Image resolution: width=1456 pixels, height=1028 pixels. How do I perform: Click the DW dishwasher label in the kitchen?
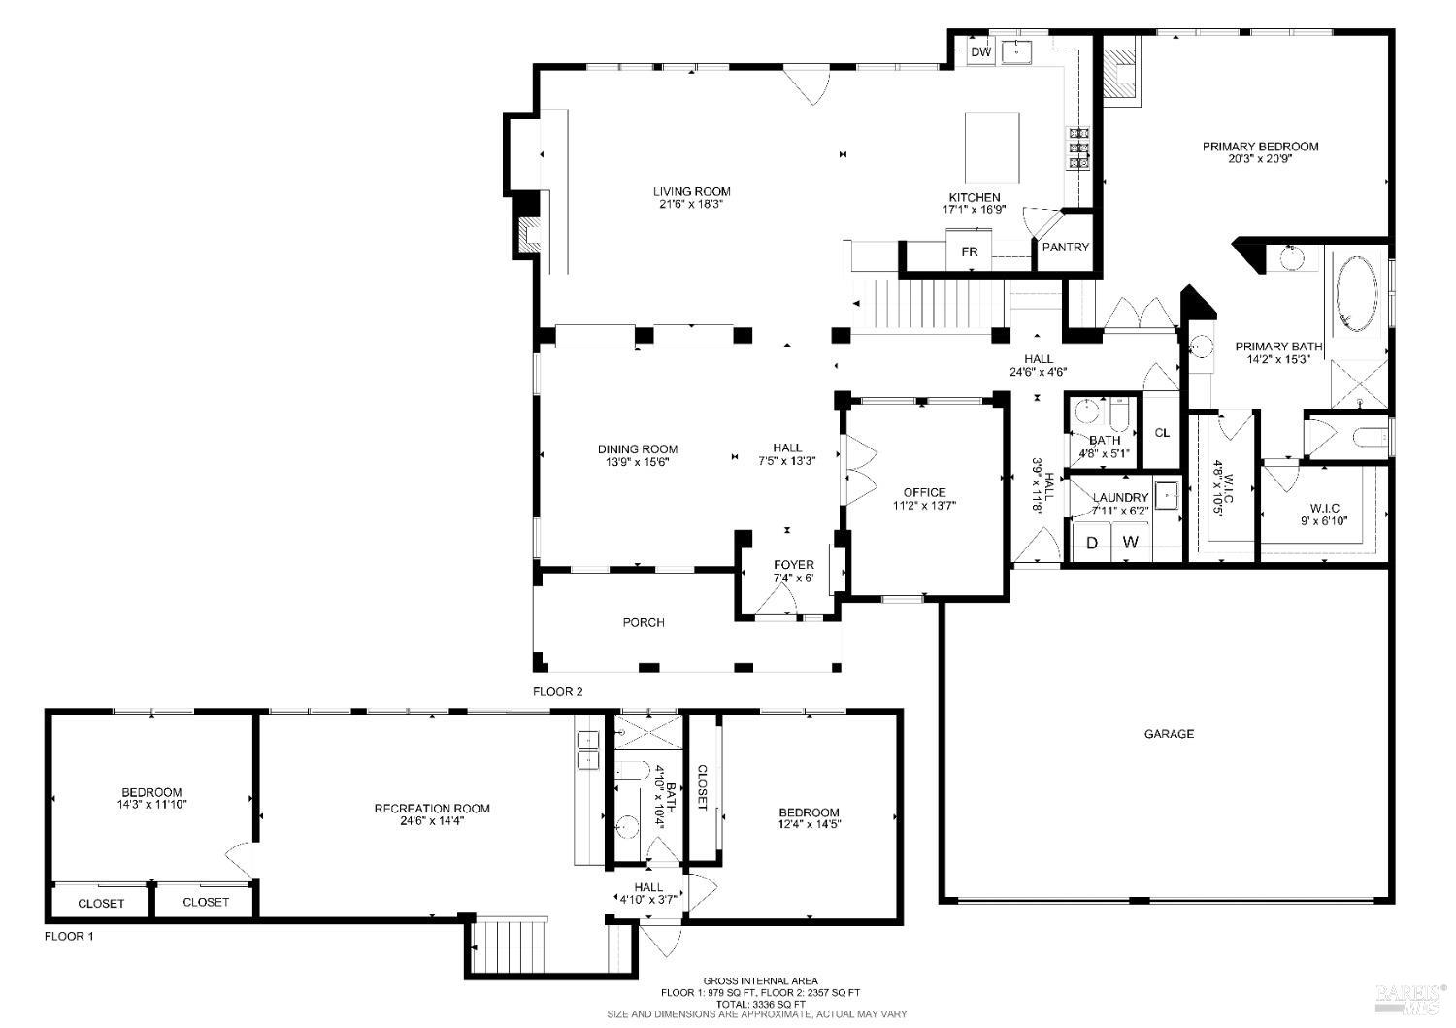point(981,52)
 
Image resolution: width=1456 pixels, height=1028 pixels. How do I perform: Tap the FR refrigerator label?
point(969,252)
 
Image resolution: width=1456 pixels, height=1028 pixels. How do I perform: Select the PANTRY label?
point(1065,248)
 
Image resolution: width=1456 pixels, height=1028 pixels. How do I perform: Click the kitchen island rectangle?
point(992,148)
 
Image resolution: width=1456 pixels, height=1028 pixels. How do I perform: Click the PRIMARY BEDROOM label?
point(1260,147)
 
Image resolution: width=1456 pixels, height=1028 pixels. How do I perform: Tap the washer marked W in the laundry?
point(1130,543)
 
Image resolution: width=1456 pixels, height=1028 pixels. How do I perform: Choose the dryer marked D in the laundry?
point(1092,543)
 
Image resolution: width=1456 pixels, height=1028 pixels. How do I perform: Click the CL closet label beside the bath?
point(1162,433)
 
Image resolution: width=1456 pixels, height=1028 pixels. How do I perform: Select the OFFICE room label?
point(924,492)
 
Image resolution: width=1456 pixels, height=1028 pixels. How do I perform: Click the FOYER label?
point(793,565)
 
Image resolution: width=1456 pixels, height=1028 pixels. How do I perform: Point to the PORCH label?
point(644,622)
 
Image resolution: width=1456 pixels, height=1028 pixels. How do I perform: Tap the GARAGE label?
point(1169,734)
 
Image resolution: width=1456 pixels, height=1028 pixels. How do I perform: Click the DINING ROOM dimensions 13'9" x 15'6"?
point(637,462)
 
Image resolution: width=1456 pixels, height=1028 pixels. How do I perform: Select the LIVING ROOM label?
point(691,191)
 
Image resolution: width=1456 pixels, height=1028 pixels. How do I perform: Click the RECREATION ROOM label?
point(432,808)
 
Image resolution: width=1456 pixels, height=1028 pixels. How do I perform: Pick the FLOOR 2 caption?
point(558,692)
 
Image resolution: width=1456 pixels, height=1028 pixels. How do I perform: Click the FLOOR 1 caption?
point(70,937)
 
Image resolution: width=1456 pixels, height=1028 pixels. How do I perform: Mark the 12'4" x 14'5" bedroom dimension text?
point(809,825)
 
